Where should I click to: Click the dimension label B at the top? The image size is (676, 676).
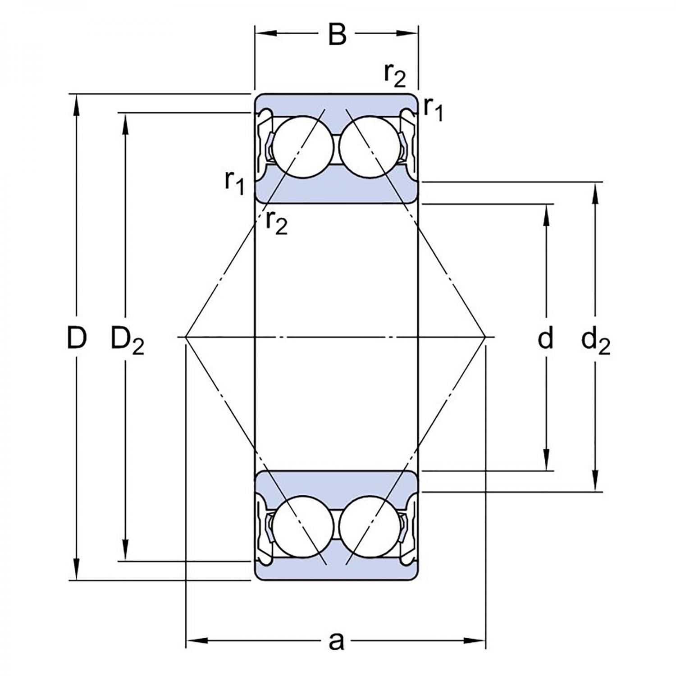[337, 34]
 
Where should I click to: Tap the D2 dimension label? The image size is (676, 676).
[128, 341]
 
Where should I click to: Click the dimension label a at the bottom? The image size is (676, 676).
[336, 640]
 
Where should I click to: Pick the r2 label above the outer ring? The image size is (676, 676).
[395, 75]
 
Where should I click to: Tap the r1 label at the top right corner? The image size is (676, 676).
[433, 110]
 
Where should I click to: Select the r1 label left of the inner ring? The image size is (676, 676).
[234, 183]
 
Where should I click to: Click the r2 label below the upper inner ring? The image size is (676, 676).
[276, 221]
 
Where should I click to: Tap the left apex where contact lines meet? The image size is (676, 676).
[186, 337]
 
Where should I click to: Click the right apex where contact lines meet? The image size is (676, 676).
[485, 337]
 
